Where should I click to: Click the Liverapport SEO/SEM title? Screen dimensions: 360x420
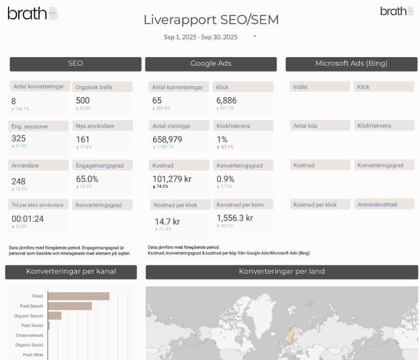click(x=211, y=20)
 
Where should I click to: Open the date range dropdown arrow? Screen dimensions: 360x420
click(x=254, y=36)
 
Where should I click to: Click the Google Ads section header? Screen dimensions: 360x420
click(x=211, y=64)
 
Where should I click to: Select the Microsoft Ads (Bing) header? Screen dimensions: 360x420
click(x=351, y=64)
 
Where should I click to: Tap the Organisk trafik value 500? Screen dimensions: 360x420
click(x=83, y=100)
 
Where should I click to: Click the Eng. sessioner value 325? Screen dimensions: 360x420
click(x=19, y=138)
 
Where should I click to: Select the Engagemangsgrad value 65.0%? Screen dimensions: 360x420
click(x=87, y=179)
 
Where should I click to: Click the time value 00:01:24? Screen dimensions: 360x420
click(x=27, y=219)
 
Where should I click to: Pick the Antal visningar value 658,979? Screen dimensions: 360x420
click(x=167, y=139)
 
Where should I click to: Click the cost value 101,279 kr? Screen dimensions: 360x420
click(x=172, y=179)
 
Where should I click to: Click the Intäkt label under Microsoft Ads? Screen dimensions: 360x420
click(x=300, y=87)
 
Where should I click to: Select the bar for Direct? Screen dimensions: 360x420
click(x=78, y=296)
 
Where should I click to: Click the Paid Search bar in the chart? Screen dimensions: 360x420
click(x=70, y=306)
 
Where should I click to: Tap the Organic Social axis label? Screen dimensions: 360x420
click(x=29, y=345)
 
